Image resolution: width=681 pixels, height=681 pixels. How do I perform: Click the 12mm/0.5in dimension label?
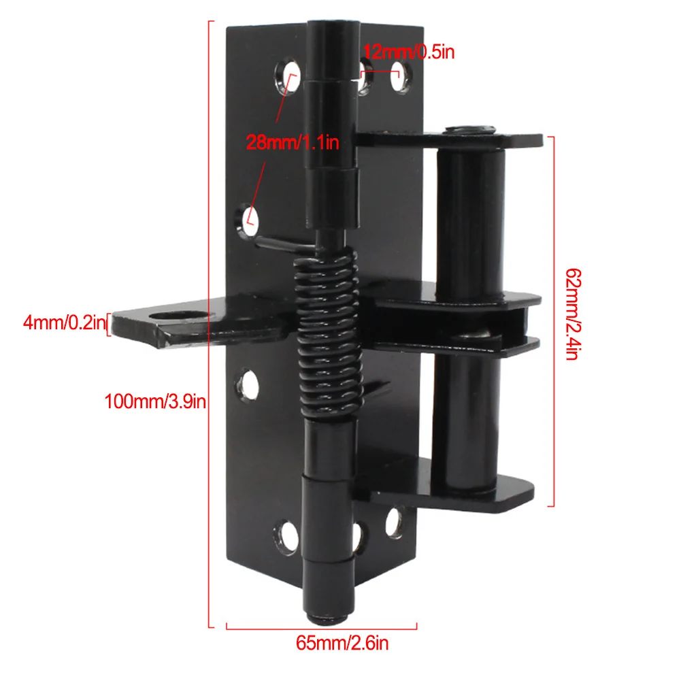pyautogui.click(x=408, y=52)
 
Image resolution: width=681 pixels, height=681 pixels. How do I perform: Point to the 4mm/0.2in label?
pyautogui.click(x=62, y=322)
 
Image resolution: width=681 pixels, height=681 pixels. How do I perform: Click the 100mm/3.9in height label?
pyautogui.click(x=154, y=401)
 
